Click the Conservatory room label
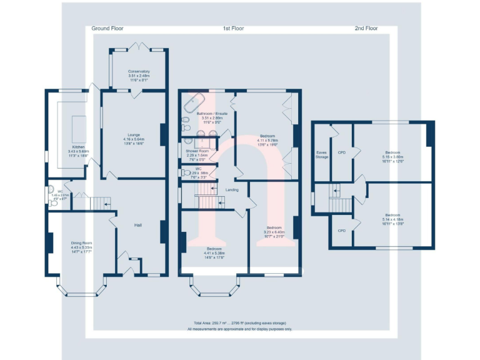[x=139, y=71]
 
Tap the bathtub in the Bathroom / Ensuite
[x=197, y=99]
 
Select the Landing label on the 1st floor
[x=232, y=189]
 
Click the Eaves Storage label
[x=322, y=154]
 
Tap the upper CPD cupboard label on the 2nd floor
[x=341, y=152]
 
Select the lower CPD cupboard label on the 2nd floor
[x=341, y=230]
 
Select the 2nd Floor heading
[x=366, y=29]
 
